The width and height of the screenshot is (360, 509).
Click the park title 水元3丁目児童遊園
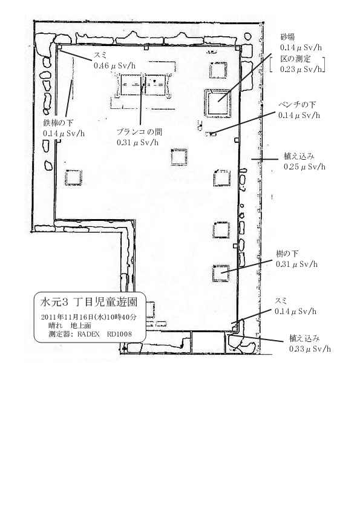pos(88,303)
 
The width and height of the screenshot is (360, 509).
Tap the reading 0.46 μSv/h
pos(114,65)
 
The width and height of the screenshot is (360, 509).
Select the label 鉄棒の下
pos(58,123)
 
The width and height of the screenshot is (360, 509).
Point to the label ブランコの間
pos(139,132)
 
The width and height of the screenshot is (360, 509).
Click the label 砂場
pos(287,37)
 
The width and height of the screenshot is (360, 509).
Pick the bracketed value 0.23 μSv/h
pos(301,69)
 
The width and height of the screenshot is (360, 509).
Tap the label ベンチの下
pos(297,105)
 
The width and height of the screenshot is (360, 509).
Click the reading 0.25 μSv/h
pos(304,167)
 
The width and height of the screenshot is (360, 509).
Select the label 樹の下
pos(287,254)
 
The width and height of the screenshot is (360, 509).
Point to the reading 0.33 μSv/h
pos(310,349)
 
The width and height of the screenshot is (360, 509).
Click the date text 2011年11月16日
pos(68,317)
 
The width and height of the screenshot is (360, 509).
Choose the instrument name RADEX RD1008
pos(104,334)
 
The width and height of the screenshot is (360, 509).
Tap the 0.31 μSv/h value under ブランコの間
pos(137,142)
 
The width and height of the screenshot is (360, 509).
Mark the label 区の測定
pos(295,59)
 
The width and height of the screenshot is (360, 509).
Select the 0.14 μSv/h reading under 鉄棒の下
pos(64,133)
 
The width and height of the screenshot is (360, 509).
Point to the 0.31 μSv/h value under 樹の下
pos(296,264)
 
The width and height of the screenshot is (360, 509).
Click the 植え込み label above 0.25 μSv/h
pos(299,157)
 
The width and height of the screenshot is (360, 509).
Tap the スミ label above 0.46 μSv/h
pos(100,56)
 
